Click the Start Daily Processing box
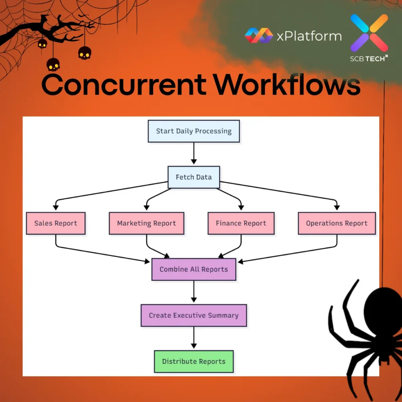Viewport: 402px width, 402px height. [x=194, y=131]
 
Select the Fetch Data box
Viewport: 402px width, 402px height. [x=194, y=177]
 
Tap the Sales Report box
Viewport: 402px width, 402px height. [x=56, y=223]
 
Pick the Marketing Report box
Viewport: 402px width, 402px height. [x=146, y=223]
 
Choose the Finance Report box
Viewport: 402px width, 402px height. [x=241, y=223]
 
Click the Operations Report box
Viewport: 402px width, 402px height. [x=336, y=223]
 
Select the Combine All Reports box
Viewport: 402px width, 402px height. [x=194, y=269]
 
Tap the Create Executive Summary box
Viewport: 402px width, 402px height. [x=194, y=315]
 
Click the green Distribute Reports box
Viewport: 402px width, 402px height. [x=194, y=362]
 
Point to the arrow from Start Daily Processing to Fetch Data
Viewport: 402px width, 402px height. [x=194, y=153]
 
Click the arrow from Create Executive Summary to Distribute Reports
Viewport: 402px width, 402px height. [x=194, y=338]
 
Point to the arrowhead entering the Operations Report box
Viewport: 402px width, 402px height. [x=336, y=208]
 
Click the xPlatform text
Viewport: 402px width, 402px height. [x=309, y=36]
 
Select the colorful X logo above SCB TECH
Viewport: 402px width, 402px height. [x=369, y=33]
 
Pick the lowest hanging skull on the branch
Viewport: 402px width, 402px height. [x=53, y=64]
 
